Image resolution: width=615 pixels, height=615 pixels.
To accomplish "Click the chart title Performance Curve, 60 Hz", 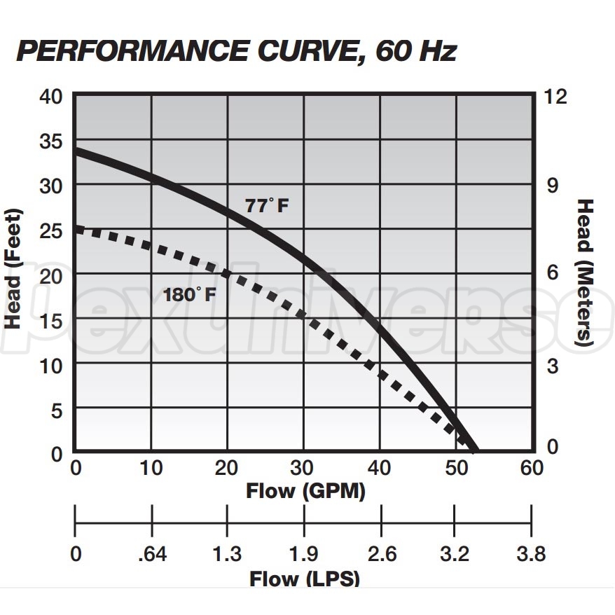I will click(237, 50).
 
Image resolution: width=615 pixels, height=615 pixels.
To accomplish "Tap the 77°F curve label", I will click(266, 206).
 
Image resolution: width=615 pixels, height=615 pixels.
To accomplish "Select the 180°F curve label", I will click(189, 294).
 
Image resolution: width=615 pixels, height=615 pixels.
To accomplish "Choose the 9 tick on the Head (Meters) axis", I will click(553, 185).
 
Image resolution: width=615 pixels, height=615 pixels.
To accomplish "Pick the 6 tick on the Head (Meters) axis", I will click(553, 274).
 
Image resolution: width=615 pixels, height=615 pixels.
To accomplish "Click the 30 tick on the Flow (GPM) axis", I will click(303, 468).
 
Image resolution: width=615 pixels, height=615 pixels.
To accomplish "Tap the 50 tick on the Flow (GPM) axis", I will click(455, 468).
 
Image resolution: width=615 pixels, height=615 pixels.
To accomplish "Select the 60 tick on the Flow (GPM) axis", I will click(532, 468).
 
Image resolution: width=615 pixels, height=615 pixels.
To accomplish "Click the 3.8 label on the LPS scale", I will click(530, 555).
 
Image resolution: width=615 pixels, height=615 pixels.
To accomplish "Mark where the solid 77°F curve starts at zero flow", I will click(76, 151).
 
